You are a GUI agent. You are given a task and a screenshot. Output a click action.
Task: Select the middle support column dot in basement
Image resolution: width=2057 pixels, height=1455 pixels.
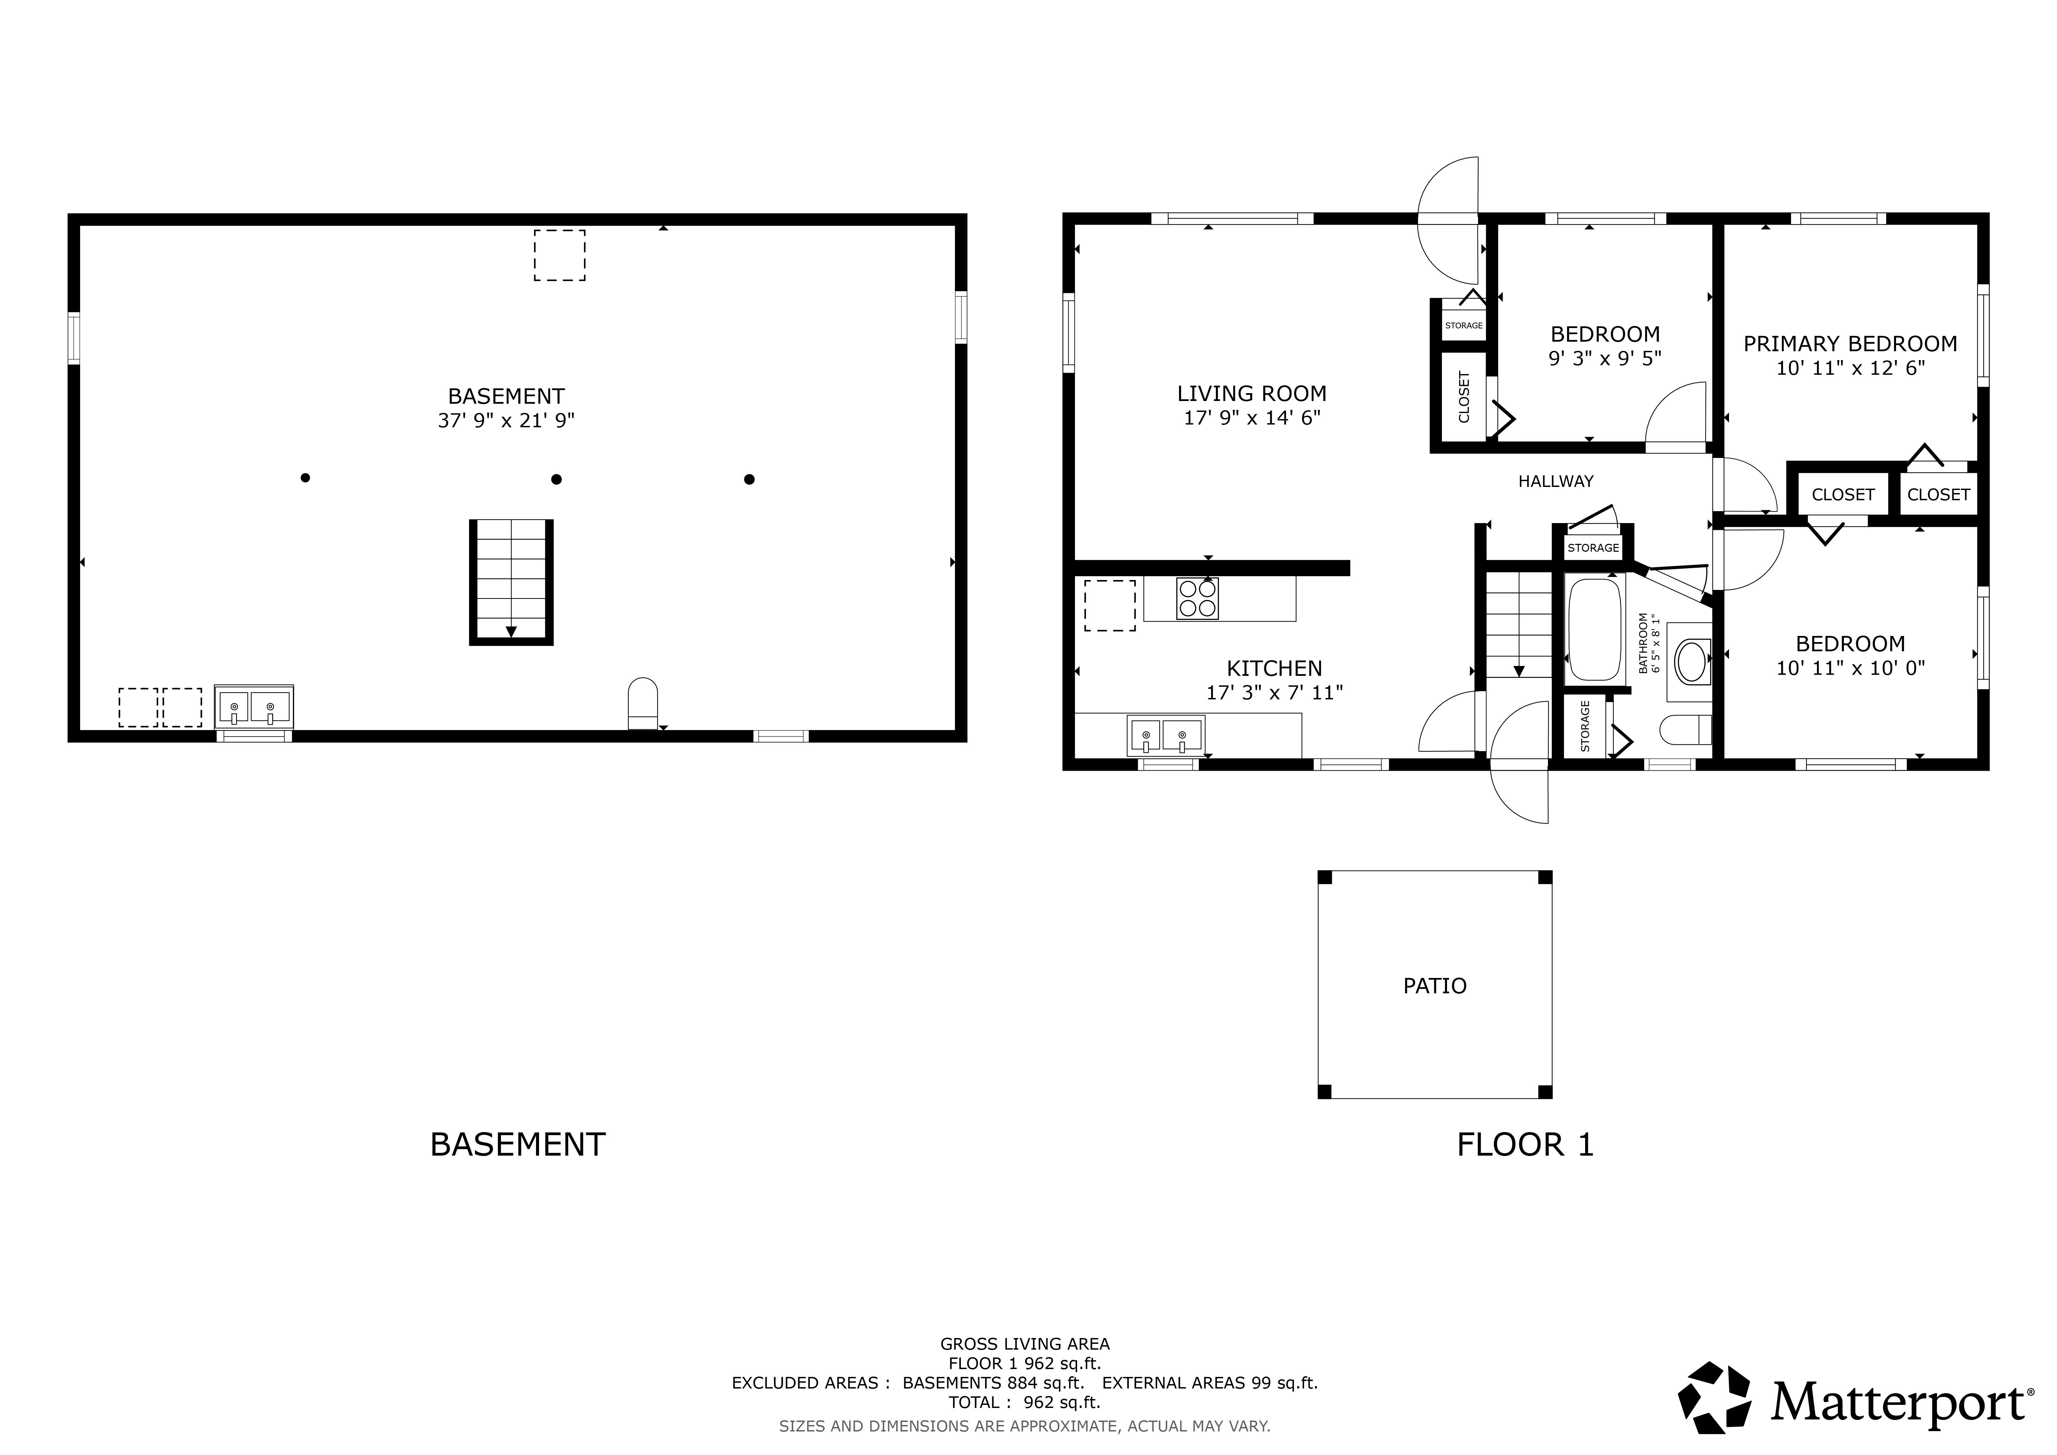coord(556,479)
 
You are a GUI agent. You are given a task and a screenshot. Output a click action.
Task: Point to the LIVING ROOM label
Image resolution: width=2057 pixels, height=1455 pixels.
coord(1252,393)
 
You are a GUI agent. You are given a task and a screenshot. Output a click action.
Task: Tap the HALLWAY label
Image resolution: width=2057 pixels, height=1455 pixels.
coord(1555,481)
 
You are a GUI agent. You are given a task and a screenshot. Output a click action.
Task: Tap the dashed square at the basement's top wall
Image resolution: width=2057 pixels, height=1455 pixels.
coord(560,255)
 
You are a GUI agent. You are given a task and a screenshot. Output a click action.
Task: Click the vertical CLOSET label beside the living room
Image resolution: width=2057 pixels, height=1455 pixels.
coord(1464,397)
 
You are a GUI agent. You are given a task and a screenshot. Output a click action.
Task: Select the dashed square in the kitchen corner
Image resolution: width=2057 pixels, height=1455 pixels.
coord(1110,606)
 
